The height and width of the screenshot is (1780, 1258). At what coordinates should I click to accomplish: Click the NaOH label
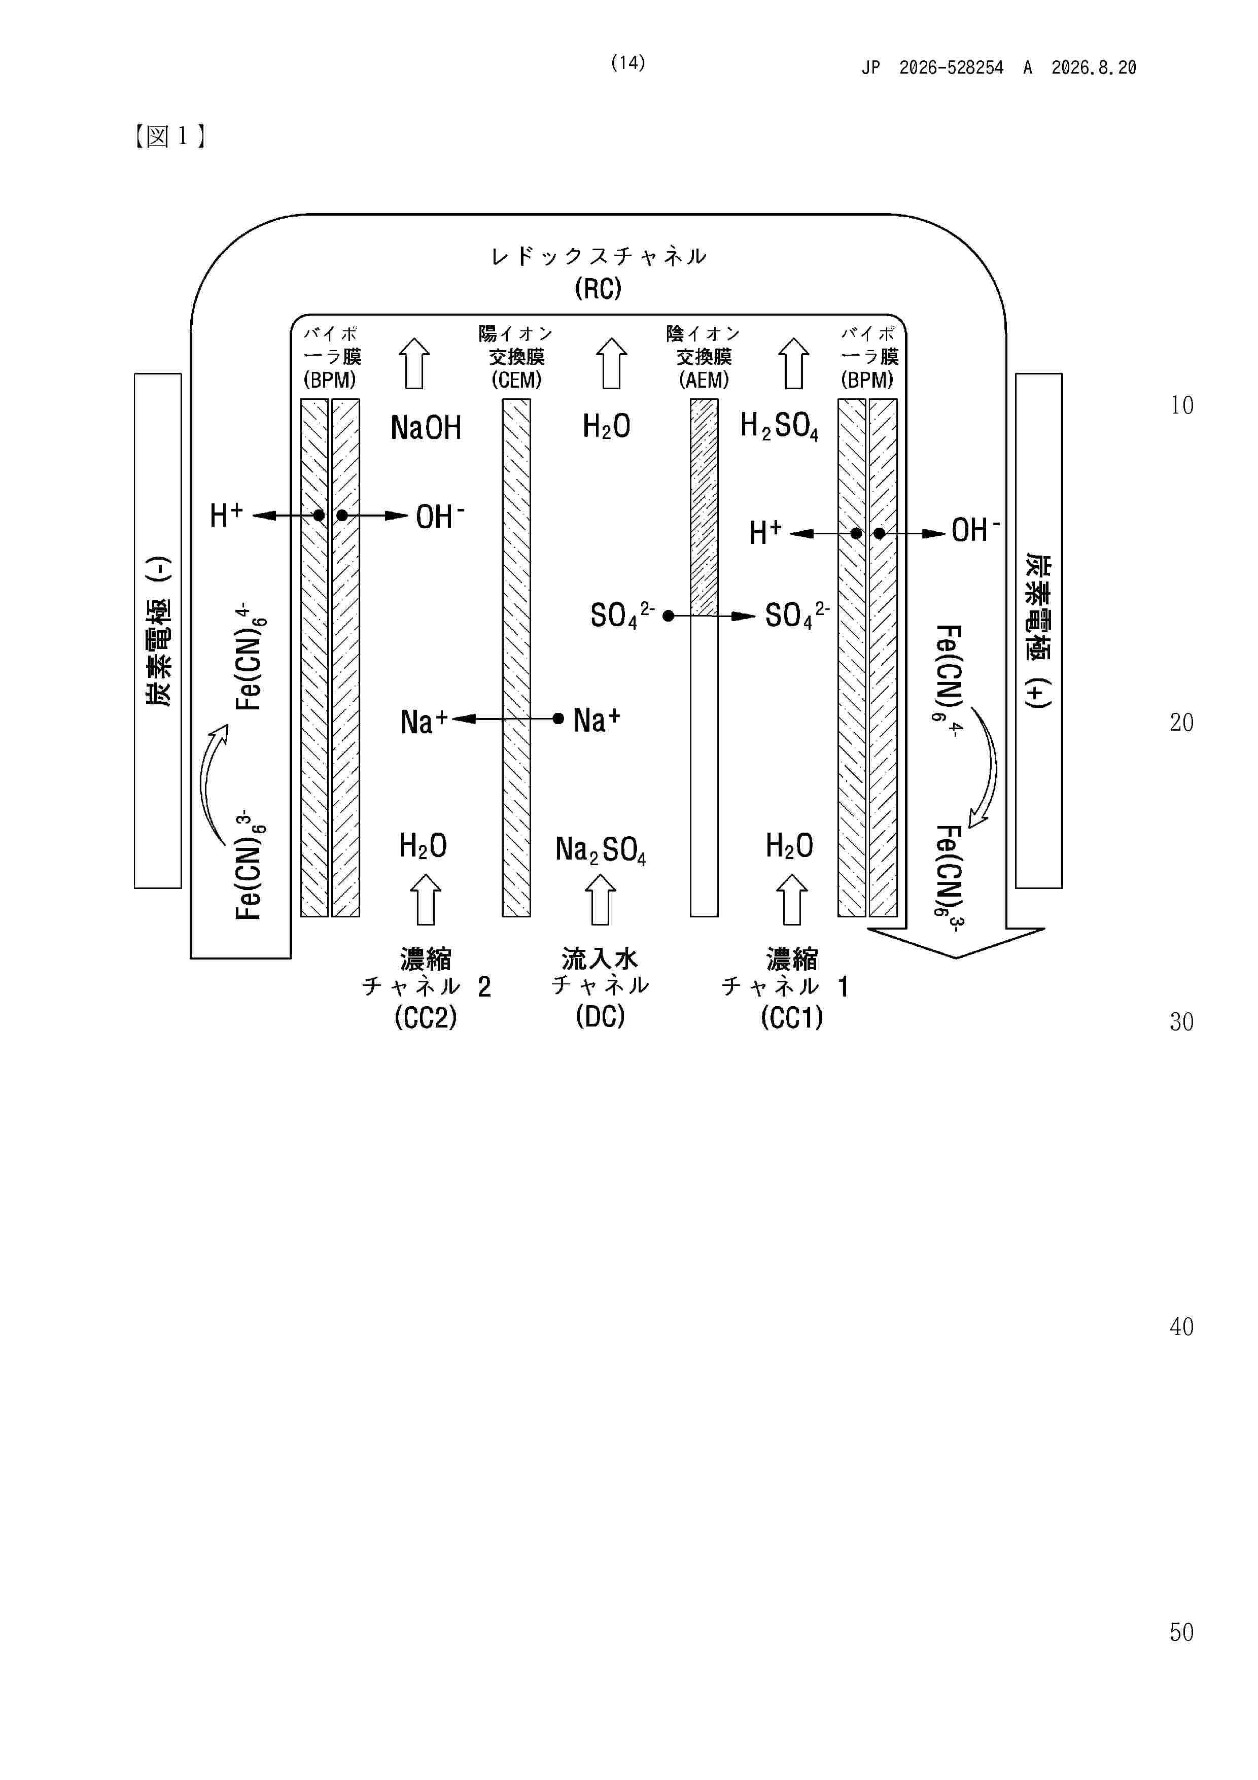click(426, 427)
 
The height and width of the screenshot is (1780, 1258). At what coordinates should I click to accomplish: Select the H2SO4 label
click(779, 426)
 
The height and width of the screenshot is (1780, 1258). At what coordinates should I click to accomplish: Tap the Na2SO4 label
click(600, 850)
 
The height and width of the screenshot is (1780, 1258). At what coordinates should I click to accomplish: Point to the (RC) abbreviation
click(598, 289)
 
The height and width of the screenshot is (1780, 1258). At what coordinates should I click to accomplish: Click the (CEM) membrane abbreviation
click(516, 380)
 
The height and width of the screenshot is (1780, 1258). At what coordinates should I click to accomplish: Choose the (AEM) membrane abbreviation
click(704, 380)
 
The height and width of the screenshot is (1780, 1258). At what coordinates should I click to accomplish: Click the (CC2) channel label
click(426, 1017)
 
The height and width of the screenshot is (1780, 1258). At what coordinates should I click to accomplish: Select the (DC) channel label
click(600, 1016)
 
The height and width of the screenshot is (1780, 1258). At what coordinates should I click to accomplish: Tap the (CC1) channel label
click(791, 1017)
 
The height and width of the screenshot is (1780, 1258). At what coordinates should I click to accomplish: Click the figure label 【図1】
click(170, 136)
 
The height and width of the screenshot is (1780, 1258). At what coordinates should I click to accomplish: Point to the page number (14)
click(628, 63)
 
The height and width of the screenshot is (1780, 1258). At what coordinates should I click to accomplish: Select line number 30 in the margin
click(1181, 1022)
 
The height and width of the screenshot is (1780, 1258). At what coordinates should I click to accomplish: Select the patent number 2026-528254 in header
click(951, 67)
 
